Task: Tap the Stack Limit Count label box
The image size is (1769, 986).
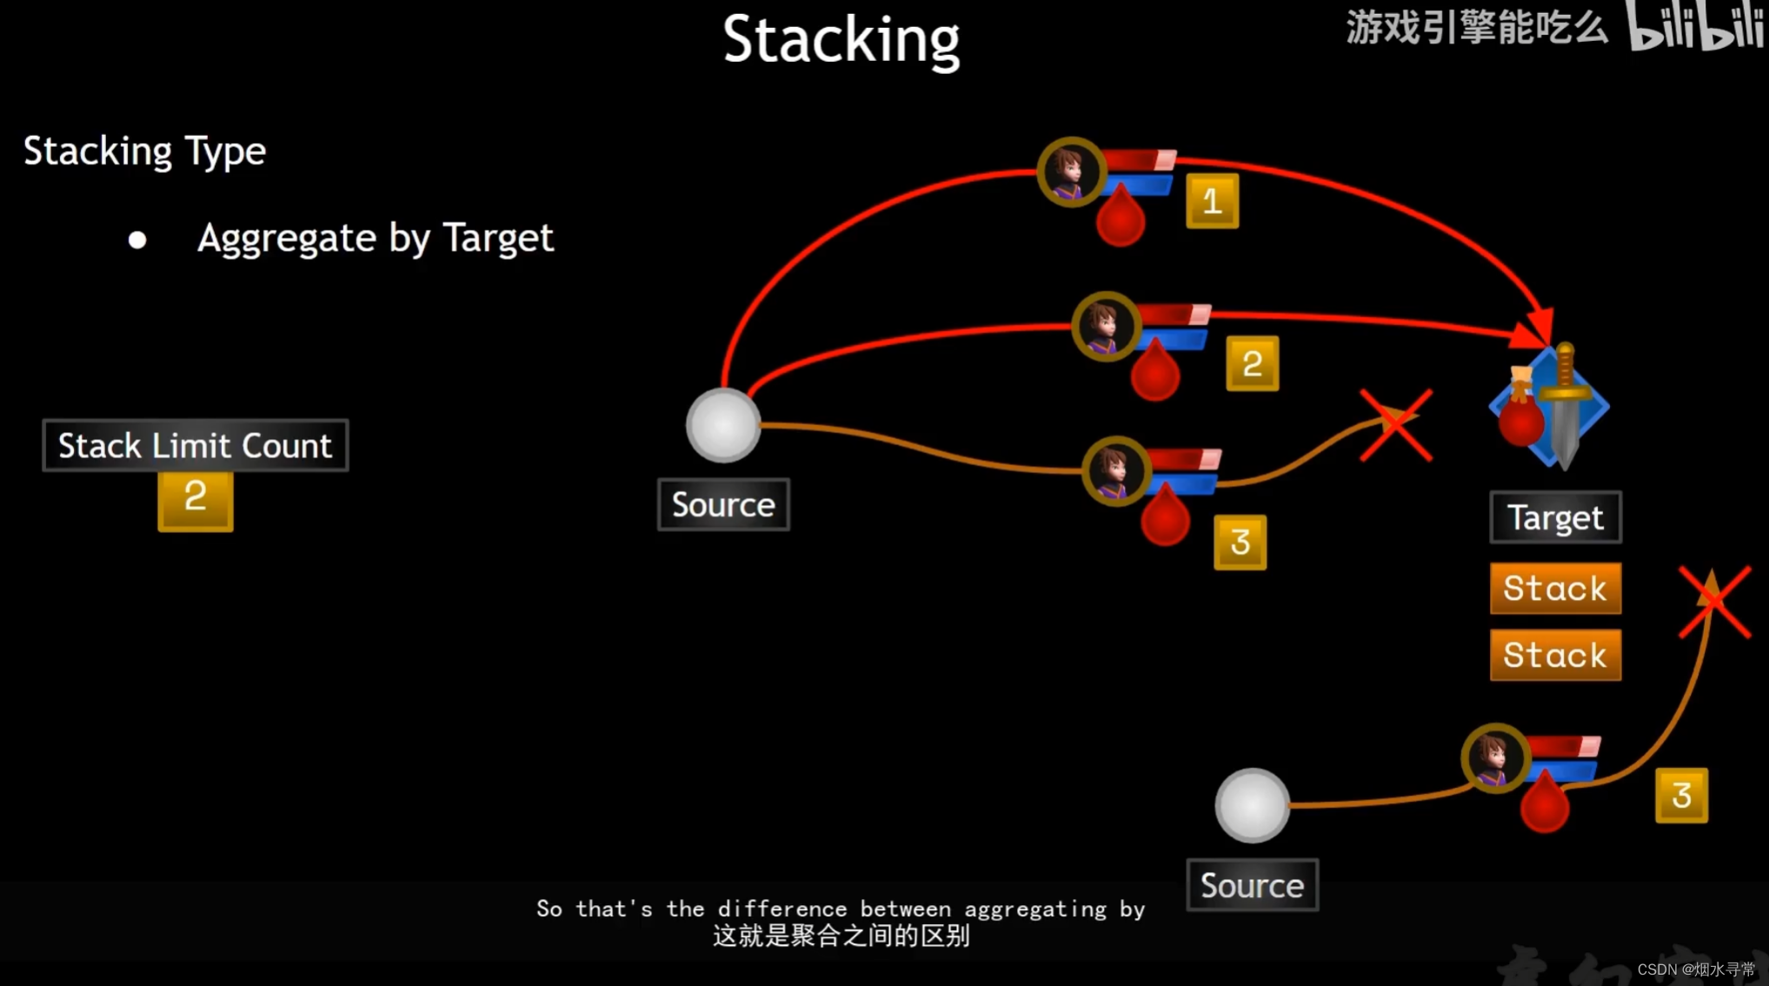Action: coord(196,445)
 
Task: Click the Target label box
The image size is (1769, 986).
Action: coord(1555,517)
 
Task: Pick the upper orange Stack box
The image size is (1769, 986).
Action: coord(1555,589)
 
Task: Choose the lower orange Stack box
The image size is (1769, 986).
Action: coord(1555,655)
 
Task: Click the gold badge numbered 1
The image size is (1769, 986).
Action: coord(1212,202)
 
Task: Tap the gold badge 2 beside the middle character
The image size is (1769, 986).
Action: coord(1252,363)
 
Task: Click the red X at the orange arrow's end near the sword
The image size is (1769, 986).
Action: coord(1396,425)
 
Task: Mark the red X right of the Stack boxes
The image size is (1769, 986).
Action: coord(1714,602)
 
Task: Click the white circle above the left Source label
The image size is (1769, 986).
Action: coord(723,425)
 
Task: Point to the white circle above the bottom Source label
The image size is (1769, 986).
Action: coord(1252,805)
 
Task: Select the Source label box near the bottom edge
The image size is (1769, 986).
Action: coord(1252,885)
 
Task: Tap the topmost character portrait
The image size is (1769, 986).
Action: coord(1070,171)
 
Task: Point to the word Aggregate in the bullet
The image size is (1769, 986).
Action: coord(286,238)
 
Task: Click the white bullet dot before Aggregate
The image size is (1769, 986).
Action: coord(137,240)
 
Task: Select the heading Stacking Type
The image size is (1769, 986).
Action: coord(144,151)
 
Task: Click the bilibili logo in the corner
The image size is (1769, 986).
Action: coord(1695,26)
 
